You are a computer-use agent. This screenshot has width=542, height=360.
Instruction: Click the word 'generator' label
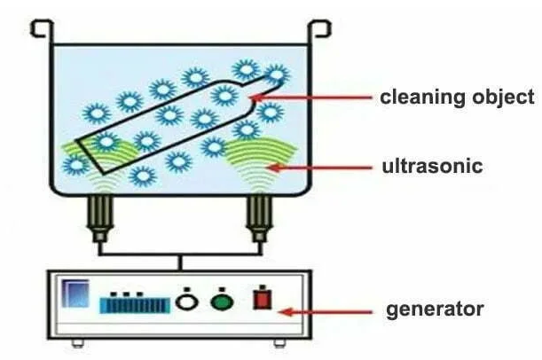[x=434, y=309]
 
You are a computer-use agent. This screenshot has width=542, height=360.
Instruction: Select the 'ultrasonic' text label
[x=431, y=166]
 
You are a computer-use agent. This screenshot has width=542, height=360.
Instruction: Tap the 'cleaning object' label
[x=457, y=97]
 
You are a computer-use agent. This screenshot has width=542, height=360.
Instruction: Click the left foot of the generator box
[x=76, y=342]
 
